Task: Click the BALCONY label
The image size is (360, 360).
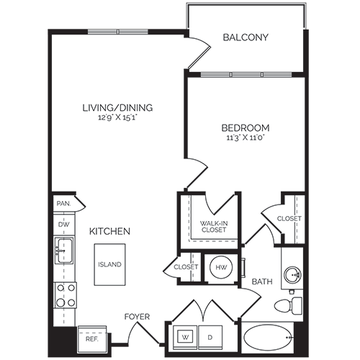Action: [246, 37]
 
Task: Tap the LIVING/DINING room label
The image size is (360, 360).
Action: [117, 108]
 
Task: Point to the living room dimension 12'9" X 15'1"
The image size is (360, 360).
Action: [117, 120]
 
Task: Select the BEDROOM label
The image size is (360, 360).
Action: [246, 127]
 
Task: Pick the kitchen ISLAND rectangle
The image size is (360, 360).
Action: [110, 264]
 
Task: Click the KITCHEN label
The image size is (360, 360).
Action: [109, 232]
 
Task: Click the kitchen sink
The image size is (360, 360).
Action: [63, 251]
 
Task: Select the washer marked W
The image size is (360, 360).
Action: [185, 337]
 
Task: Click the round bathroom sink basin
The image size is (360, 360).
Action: [293, 274]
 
